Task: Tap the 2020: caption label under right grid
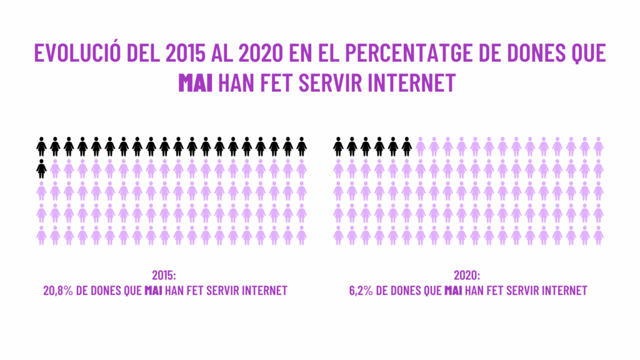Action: pyautogui.click(x=467, y=275)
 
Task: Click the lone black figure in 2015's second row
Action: pyautogui.click(x=41, y=168)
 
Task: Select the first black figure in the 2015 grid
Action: pyautogui.click(x=41, y=147)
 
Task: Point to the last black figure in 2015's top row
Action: pyautogui.click(x=302, y=147)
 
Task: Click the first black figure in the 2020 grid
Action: pyautogui.click(x=338, y=147)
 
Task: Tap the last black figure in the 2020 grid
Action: pyautogui.click(x=407, y=147)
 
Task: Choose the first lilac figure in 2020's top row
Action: pyautogui.click(x=421, y=147)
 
